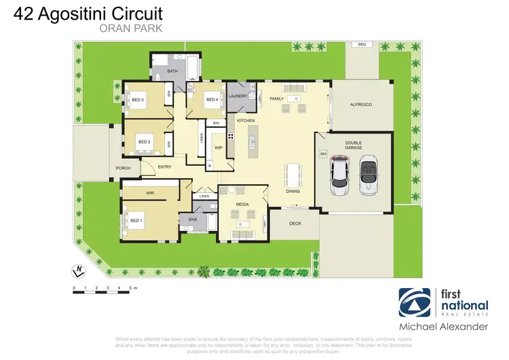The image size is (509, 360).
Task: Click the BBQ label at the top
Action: click(x=362, y=44)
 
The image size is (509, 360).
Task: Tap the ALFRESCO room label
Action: click(x=361, y=105)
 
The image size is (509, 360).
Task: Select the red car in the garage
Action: click(x=339, y=175)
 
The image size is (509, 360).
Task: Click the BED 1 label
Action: click(x=136, y=220)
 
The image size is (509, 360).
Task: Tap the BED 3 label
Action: click(x=138, y=100)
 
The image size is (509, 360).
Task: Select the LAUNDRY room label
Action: click(x=238, y=96)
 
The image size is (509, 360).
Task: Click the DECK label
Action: click(x=295, y=223)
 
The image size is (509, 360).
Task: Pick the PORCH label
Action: click(x=123, y=168)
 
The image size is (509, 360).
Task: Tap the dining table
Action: click(x=293, y=175)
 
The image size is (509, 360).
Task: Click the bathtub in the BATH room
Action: click(x=193, y=67)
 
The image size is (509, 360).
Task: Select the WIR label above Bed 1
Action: click(x=150, y=194)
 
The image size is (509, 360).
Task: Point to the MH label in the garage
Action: click(x=323, y=154)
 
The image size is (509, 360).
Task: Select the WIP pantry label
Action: click(x=218, y=147)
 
